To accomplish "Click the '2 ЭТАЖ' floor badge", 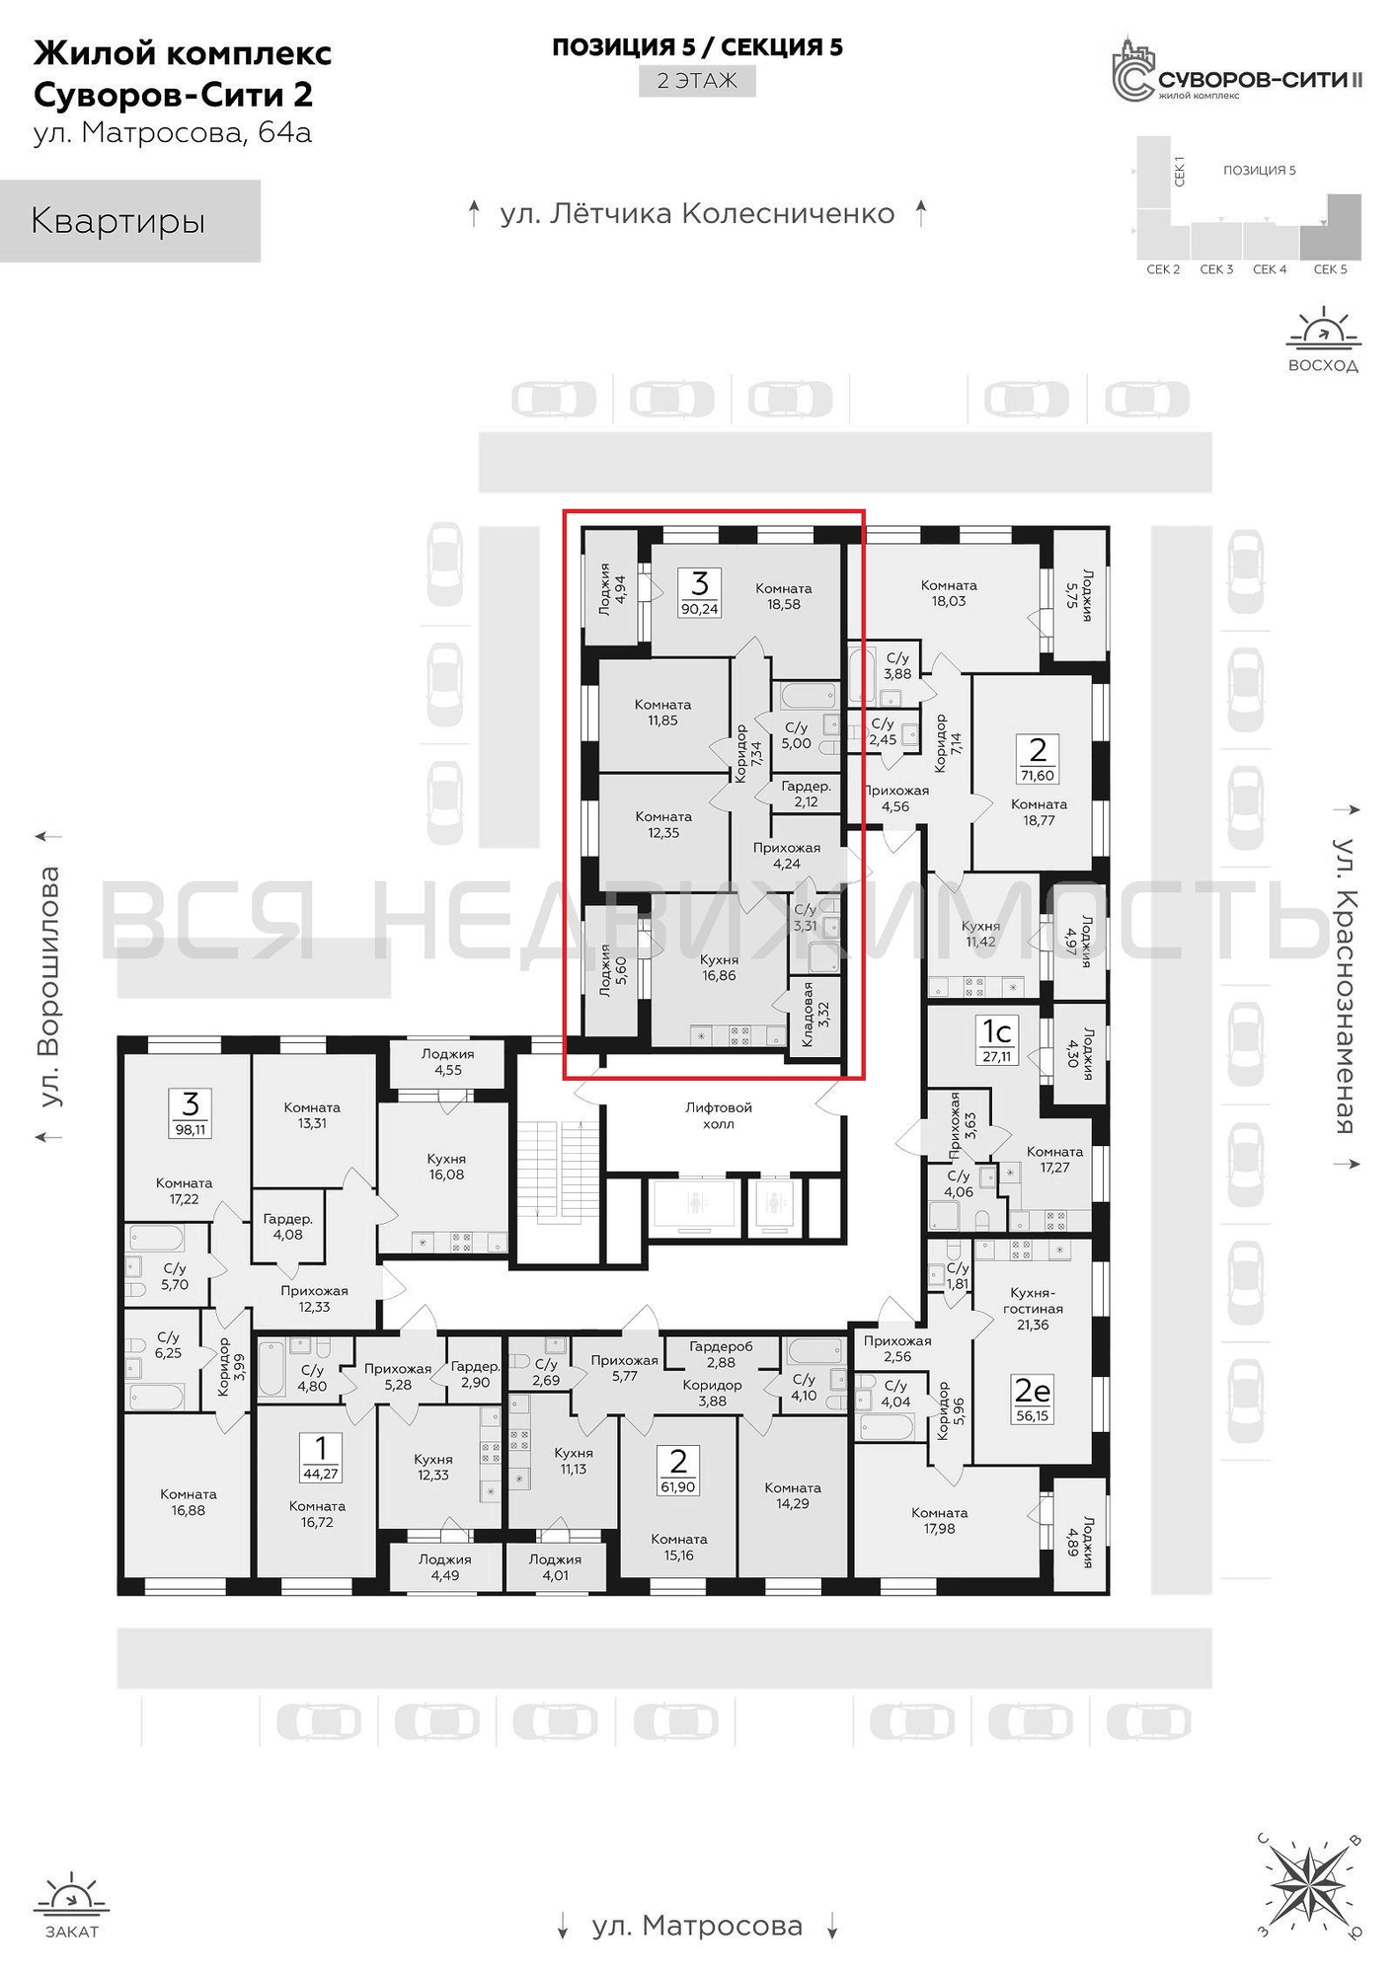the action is [697, 81].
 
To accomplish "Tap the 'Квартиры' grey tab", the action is [129, 221].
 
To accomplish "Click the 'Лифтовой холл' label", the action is [718, 1115].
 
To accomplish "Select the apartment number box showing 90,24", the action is [700, 592].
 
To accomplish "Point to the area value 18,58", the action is [784, 605].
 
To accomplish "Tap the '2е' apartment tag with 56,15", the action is [1032, 1399].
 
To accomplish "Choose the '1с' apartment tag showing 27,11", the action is [996, 1038].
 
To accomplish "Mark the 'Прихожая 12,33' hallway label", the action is [314, 1299].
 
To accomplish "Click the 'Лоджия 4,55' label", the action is [447, 1062].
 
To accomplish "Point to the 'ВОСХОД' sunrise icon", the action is [1323, 340].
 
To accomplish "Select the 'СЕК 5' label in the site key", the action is [1330, 269].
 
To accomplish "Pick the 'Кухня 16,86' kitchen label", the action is [718, 967].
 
